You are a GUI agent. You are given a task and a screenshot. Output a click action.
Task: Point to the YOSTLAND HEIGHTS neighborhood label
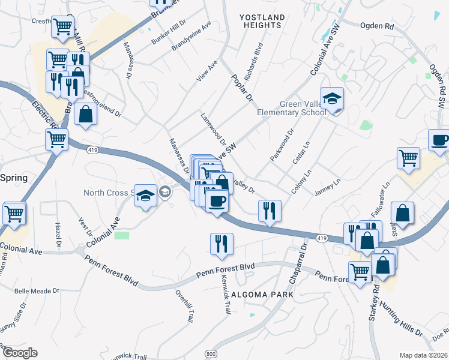click(x=261, y=21)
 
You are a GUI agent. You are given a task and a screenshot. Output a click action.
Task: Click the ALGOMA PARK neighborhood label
click(x=262, y=295)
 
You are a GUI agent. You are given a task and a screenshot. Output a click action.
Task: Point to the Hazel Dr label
click(x=58, y=235)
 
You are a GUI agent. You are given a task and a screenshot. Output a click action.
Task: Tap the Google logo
click(x=20, y=352)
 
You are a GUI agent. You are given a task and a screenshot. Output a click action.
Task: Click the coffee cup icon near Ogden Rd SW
click(x=439, y=140)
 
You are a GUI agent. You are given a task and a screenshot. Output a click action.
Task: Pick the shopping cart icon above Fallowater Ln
click(x=408, y=158)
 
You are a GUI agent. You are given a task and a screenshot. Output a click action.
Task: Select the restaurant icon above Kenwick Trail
click(x=221, y=244)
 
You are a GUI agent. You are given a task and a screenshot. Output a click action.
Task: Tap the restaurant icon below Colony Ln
click(x=269, y=211)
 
